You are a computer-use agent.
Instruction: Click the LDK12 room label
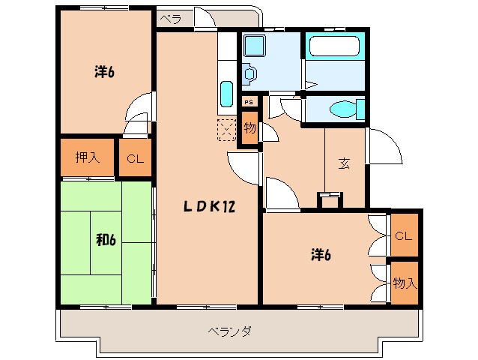[211, 208]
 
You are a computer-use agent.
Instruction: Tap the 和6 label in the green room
[106, 240]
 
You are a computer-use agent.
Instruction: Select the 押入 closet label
[87, 157]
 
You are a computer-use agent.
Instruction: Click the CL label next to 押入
[134, 158]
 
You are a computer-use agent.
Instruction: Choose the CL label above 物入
[404, 236]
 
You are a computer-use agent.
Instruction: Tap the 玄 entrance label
[344, 164]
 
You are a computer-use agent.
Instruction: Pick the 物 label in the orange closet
[249, 128]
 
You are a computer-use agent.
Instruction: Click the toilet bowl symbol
[344, 109]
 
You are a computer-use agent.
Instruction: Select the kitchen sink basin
[227, 95]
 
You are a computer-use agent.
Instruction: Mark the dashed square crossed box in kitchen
[226, 130]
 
